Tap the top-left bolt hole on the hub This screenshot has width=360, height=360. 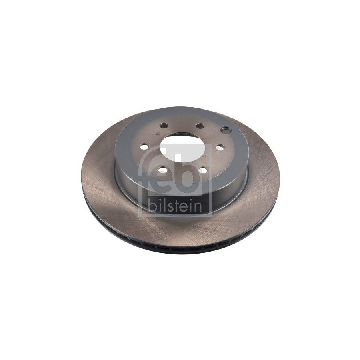pyautogui.click(x=164, y=125)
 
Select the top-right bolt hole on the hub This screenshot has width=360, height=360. pyautogui.click(x=200, y=126)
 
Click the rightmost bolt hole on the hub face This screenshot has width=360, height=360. pyautogui.click(x=220, y=147)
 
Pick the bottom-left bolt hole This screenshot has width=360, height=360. pyautogui.click(x=163, y=170)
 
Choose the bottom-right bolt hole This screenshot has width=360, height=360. pyautogui.click(x=203, y=170)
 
